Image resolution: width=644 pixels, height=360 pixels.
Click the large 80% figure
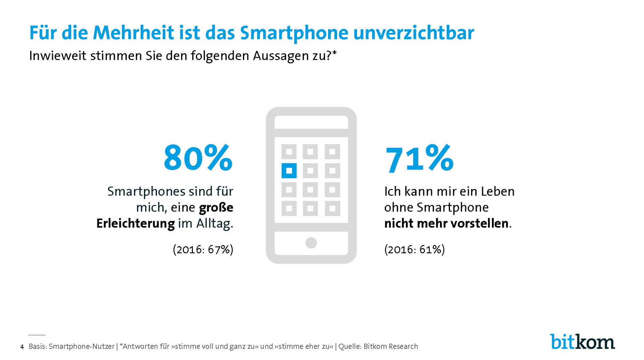[x=198, y=158]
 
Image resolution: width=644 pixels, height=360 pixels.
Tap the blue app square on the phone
[x=289, y=171]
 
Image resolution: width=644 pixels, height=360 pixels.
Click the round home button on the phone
[x=311, y=243]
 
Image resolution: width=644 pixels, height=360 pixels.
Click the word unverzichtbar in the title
[x=414, y=33]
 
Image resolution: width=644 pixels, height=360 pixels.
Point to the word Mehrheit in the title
[x=133, y=33]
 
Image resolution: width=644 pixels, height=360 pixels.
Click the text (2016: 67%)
[x=203, y=249]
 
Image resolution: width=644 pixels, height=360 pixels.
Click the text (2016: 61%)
[x=415, y=249]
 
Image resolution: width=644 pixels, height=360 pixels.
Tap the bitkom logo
[x=582, y=342]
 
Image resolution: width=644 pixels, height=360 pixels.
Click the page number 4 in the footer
[x=22, y=347]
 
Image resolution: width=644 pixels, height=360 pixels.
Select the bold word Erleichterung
[x=136, y=224]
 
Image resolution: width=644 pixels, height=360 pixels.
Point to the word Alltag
[x=214, y=224]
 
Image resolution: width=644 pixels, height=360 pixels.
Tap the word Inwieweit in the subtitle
[x=58, y=56]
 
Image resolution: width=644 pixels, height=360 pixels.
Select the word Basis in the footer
[x=37, y=346]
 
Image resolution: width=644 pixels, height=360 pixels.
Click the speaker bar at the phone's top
[x=311, y=122]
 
